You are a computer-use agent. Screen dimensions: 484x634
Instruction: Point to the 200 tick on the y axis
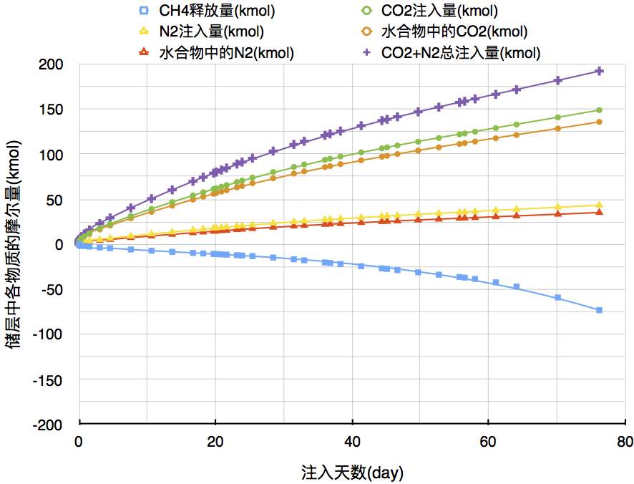(x=52, y=64)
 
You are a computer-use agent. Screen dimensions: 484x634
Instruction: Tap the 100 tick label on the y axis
(x=52, y=154)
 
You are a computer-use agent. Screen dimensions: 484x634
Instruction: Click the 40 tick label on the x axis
(x=352, y=440)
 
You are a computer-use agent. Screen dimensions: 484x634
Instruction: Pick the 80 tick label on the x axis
(x=625, y=440)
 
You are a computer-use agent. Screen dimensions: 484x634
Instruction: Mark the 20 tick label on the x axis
(x=215, y=440)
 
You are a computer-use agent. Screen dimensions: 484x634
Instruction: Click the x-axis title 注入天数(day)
(x=352, y=472)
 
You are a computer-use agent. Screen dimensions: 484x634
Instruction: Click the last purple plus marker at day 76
(x=600, y=71)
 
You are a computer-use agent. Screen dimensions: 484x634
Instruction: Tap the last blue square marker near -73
(x=600, y=310)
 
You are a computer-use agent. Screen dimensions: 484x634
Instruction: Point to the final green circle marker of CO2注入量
(x=600, y=110)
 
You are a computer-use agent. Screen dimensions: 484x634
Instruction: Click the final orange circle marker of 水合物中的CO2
(x=600, y=122)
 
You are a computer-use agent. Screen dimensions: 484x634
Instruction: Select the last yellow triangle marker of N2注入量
(x=600, y=205)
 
